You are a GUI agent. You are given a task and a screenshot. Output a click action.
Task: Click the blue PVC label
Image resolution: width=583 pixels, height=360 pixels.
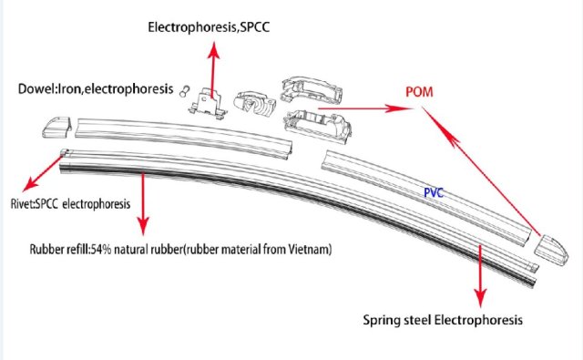439,194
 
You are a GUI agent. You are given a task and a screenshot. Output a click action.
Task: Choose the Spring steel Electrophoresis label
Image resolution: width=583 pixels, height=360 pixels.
443,321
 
